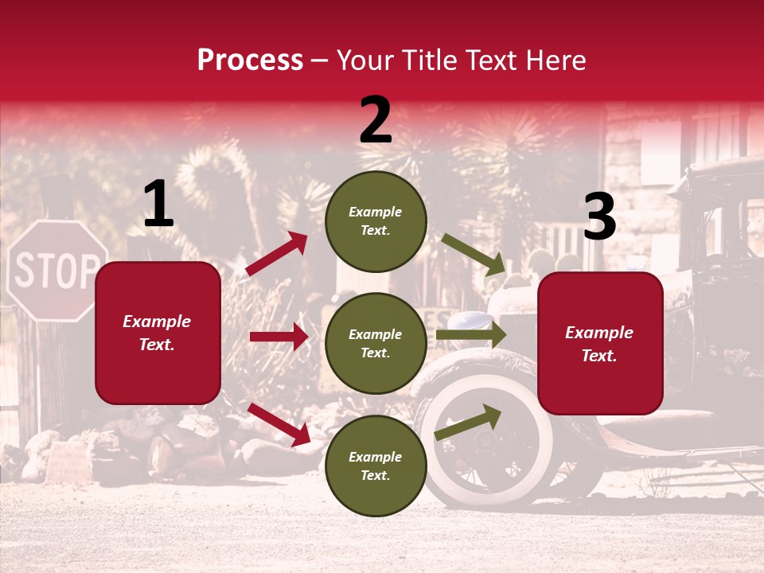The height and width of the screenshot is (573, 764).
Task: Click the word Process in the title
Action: point(250,60)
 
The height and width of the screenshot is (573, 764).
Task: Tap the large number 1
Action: point(158,205)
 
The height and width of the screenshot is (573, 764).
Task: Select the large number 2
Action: point(376,120)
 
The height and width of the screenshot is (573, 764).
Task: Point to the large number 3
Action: point(599,217)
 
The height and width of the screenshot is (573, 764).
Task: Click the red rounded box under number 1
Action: point(158,333)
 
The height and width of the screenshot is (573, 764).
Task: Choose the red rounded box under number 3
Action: point(600,344)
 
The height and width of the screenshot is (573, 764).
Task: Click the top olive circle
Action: point(376,221)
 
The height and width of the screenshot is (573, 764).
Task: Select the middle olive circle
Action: point(376,344)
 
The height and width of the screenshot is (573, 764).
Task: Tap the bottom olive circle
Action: point(376,466)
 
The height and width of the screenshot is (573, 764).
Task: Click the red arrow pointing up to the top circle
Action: point(277,254)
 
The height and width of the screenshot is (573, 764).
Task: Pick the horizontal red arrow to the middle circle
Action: point(279,337)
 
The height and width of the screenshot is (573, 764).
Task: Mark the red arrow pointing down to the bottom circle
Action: point(279,423)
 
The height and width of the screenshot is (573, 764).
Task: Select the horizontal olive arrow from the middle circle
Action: point(471,335)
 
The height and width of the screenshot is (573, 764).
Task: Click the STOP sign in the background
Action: point(57,271)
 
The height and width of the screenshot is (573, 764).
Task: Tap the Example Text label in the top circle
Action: point(376,221)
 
